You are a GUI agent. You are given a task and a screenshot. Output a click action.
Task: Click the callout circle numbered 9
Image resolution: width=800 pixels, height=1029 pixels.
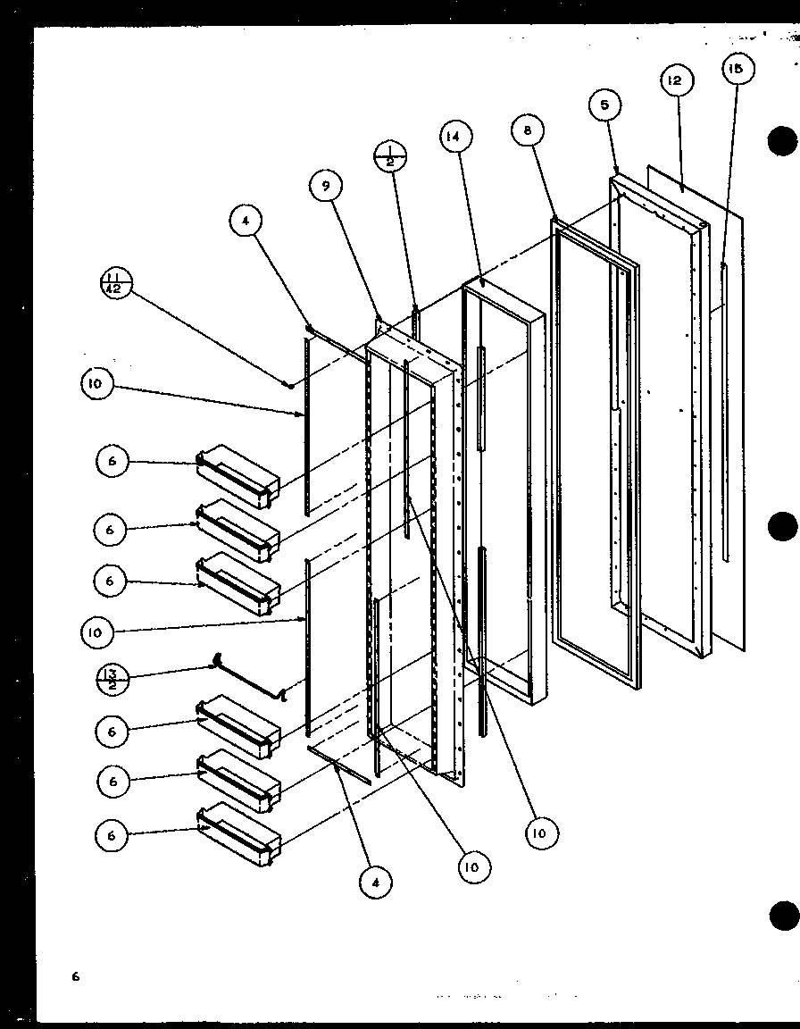tap(327, 187)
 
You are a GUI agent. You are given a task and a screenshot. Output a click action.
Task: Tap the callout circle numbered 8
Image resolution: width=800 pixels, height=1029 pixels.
tap(529, 131)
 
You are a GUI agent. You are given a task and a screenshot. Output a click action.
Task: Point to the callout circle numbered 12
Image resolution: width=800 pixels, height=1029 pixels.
tap(675, 80)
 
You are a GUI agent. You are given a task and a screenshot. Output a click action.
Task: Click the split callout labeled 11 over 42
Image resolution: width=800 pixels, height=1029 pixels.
tap(115, 288)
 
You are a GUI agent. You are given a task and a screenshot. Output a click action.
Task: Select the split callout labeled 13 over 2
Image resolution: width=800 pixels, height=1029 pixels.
tap(114, 681)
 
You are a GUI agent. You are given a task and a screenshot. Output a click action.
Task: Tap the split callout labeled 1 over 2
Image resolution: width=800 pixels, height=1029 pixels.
tap(391, 155)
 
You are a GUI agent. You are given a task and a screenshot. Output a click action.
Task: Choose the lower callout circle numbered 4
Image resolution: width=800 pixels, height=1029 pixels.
tap(376, 883)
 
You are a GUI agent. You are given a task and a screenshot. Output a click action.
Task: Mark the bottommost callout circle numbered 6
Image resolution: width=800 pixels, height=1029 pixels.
tap(112, 835)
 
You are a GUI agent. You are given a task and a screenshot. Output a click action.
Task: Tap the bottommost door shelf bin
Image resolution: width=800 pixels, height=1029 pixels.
tap(238, 836)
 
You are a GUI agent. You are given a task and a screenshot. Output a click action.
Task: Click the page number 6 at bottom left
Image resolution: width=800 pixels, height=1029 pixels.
tap(76, 976)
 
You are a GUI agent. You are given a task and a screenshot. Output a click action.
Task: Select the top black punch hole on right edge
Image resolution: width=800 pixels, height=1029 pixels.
tap(783, 142)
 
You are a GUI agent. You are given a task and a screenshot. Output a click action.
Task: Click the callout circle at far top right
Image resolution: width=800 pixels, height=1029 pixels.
tap(738, 70)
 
